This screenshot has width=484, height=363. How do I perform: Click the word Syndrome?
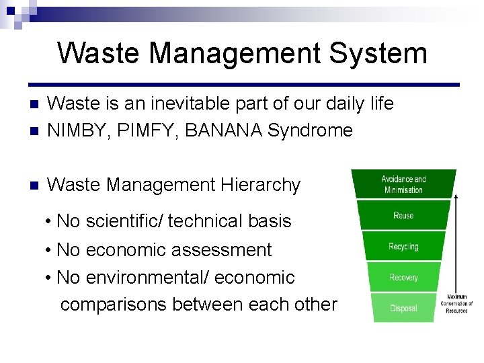310,130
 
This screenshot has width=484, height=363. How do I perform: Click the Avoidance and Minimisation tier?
404,184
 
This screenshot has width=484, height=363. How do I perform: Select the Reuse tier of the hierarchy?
403,216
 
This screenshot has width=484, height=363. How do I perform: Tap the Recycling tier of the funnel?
403,247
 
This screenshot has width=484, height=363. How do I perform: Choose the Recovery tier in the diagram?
403,278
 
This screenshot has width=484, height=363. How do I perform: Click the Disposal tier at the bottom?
403,308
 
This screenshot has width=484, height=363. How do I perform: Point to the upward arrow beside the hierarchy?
456,242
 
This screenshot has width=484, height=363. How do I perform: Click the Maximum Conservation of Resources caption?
457,304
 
